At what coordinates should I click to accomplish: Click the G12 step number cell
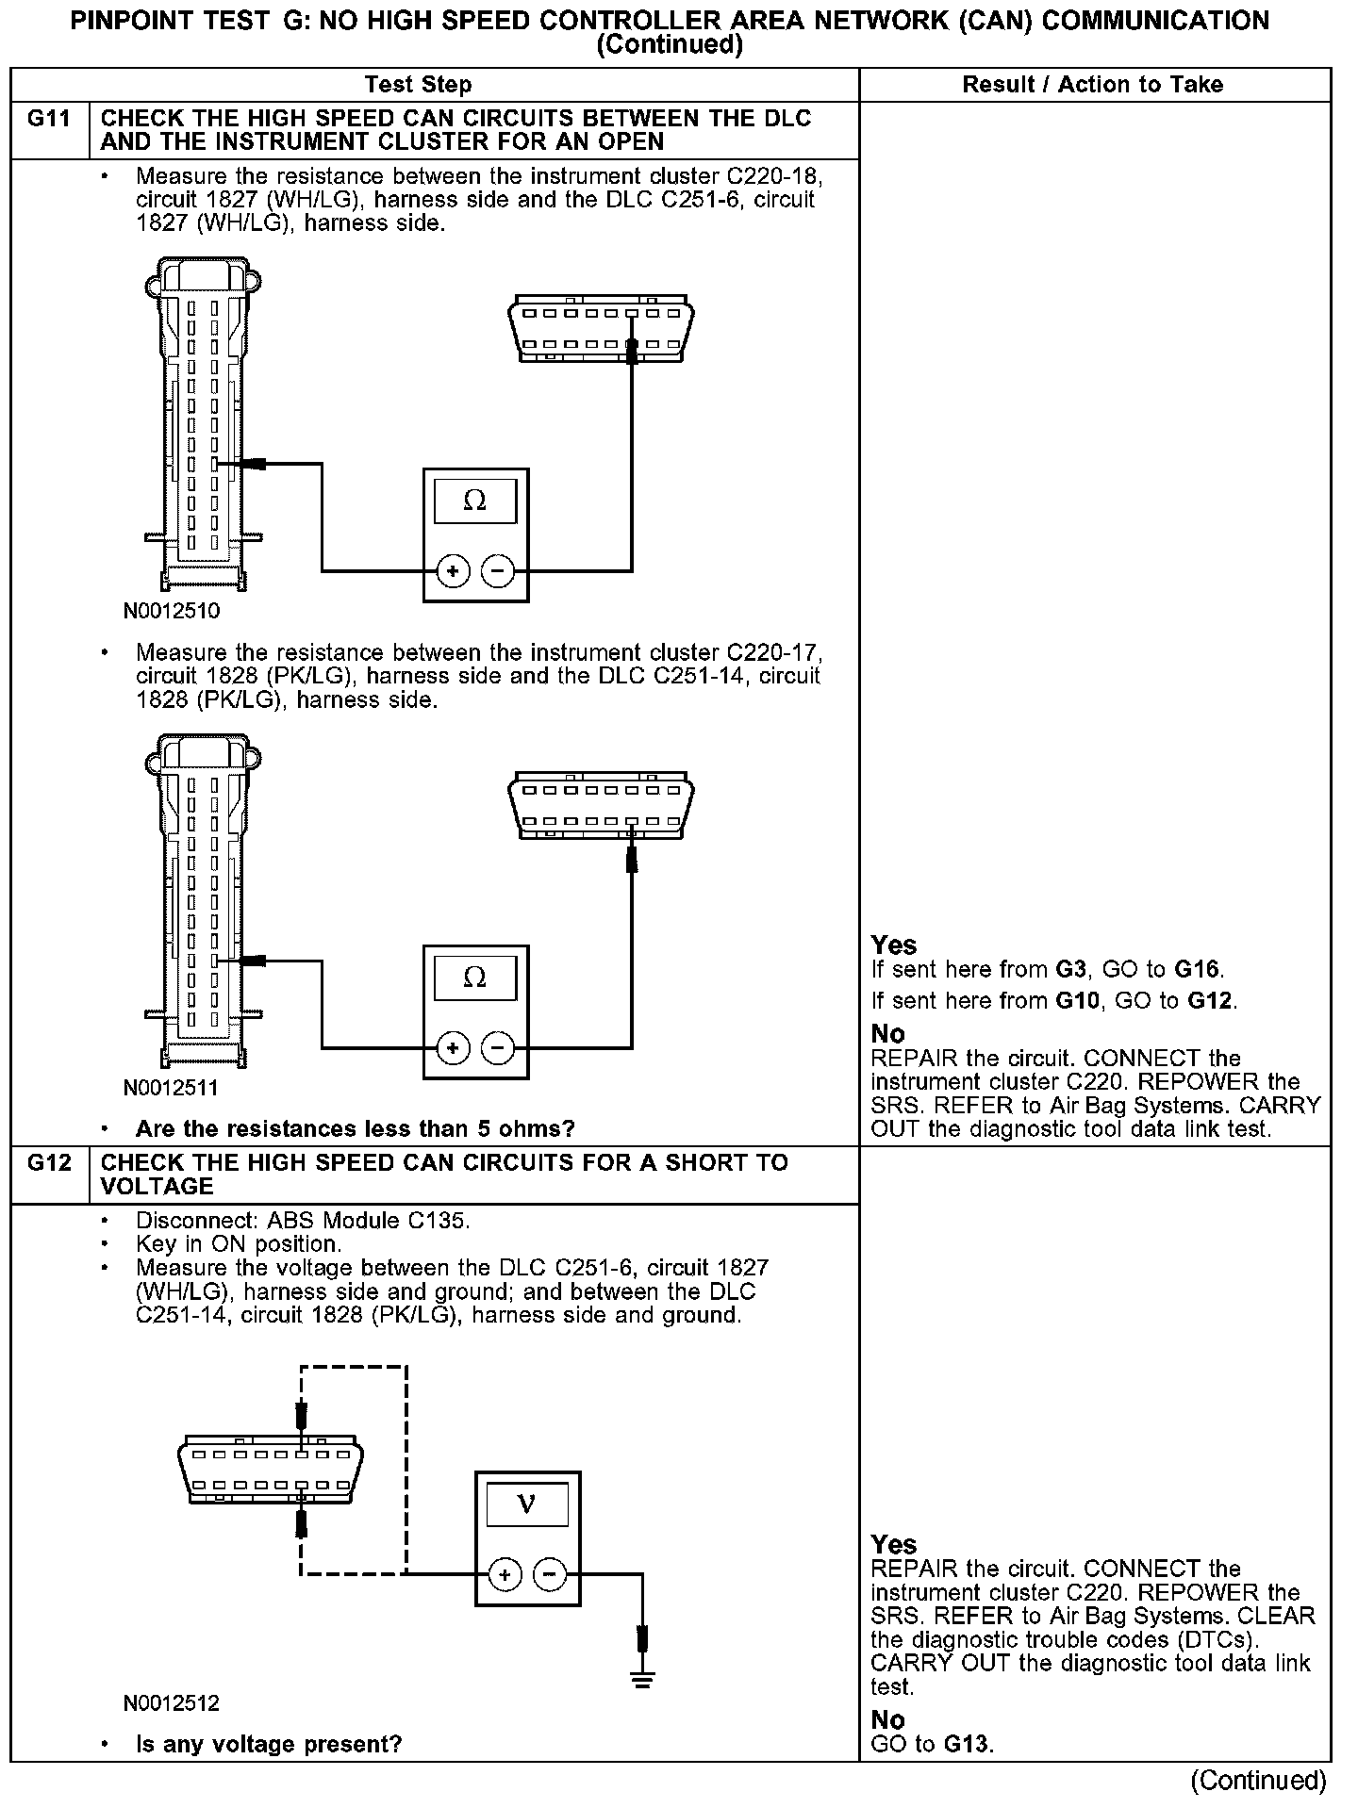(x=49, y=1163)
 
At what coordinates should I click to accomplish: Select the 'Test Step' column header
(x=418, y=85)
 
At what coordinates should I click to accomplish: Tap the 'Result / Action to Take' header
(x=1092, y=85)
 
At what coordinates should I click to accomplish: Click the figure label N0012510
(x=171, y=611)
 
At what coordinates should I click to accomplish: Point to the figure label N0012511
(x=171, y=1088)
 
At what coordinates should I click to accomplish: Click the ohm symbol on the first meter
(x=474, y=501)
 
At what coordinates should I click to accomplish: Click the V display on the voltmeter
(x=527, y=1505)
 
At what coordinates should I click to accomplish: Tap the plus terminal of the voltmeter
(x=505, y=1574)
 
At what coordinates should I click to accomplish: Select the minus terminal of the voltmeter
(x=550, y=1574)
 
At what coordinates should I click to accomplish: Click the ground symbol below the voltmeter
(x=643, y=1680)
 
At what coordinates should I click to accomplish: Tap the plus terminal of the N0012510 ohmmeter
(x=453, y=571)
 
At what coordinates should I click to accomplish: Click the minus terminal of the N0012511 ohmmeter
(x=498, y=1048)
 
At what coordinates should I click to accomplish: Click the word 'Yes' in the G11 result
(x=894, y=945)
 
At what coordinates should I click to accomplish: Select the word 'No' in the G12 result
(x=887, y=1720)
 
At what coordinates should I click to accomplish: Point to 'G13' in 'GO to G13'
(x=967, y=1744)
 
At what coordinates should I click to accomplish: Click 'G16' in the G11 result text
(x=1197, y=969)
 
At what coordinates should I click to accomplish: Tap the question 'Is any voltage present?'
(x=269, y=1745)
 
